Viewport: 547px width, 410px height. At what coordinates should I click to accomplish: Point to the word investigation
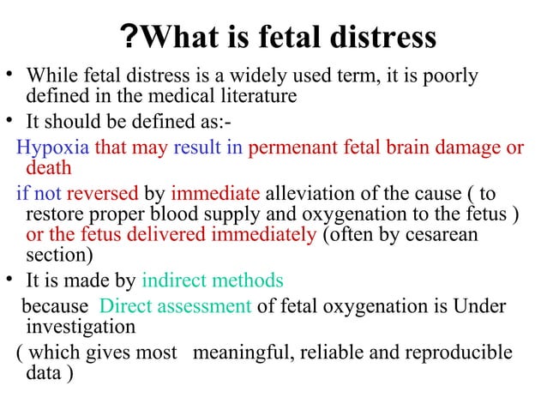pyautogui.click(x=81, y=327)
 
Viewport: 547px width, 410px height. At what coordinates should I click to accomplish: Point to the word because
pyautogui.click(x=54, y=307)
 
